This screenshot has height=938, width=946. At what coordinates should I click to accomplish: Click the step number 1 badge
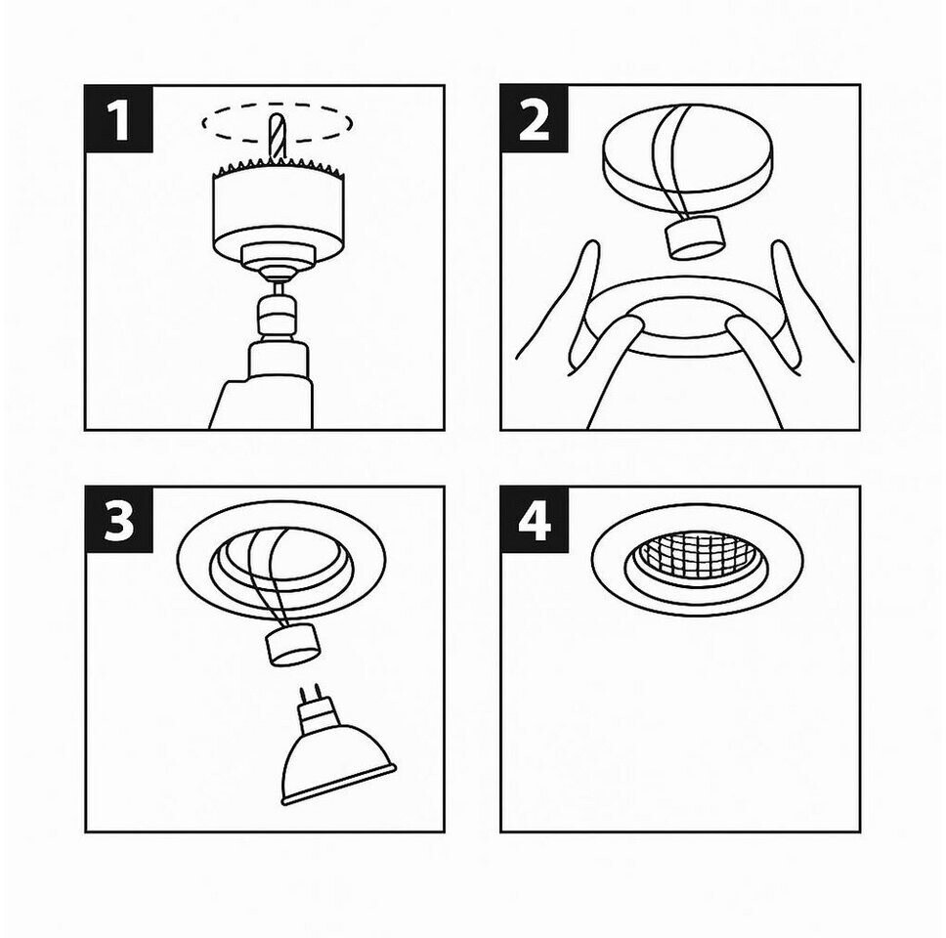[119, 119]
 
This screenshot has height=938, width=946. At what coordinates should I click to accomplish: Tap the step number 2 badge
[535, 119]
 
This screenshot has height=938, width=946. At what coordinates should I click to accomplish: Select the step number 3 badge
[119, 520]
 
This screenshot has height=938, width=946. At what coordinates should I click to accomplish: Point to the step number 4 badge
[535, 520]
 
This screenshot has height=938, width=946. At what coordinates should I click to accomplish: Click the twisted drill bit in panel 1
[277, 137]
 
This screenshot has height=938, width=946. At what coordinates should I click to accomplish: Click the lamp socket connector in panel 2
[695, 237]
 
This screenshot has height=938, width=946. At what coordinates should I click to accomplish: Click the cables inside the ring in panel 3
[266, 579]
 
